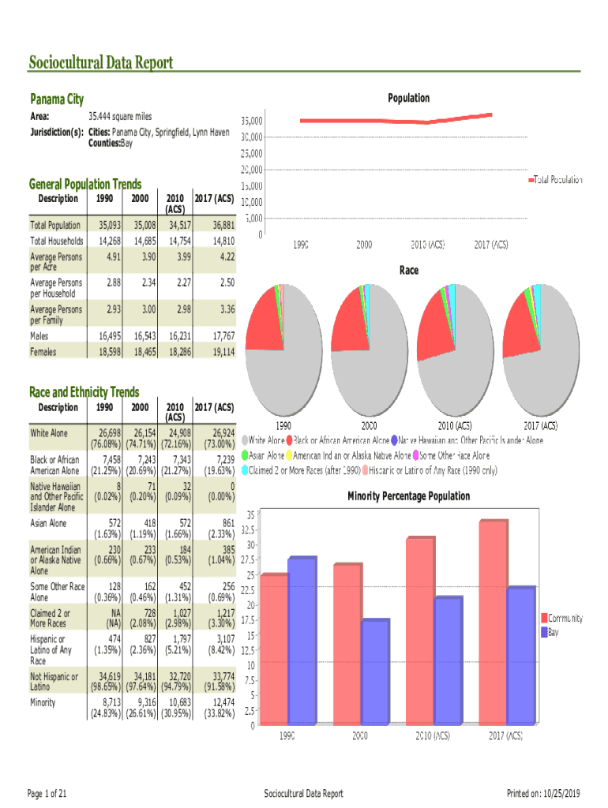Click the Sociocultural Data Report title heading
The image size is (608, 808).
click(x=101, y=62)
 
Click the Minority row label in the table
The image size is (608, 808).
click(x=43, y=702)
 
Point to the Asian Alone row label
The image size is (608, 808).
click(x=49, y=522)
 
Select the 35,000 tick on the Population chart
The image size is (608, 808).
click(x=252, y=122)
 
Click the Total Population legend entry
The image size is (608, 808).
click(x=558, y=180)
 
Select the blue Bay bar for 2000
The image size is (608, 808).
click(x=376, y=671)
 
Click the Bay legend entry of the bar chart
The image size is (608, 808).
click(x=554, y=632)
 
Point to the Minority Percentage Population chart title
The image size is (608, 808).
click(x=408, y=496)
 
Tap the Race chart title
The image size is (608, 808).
click(x=408, y=271)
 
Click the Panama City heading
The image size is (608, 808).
click(x=56, y=99)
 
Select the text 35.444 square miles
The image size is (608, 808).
click(x=120, y=117)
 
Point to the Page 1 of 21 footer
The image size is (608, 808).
click(x=47, y=793)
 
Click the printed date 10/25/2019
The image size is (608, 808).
click(x=562, y=793)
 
